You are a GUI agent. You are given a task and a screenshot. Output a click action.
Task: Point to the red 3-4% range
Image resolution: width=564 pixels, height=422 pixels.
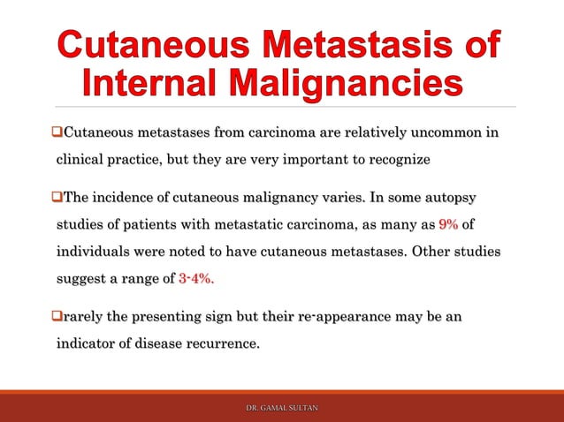point(195,279)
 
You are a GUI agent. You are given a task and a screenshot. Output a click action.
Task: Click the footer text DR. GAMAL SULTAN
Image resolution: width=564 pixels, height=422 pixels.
point(282,408)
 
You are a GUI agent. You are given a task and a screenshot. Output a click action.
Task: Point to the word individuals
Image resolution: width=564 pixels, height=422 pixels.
point(93,251)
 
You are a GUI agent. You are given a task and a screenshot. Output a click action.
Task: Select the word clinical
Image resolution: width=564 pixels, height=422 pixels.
point(83,162)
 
